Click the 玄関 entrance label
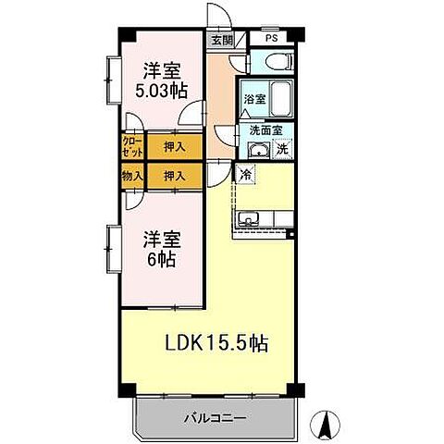point(220,41)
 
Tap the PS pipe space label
point(271,40)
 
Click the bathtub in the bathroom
point(280,98)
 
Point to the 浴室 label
point(253,98)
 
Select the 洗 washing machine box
point(283,151)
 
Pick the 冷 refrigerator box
point(245,173)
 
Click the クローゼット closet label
point(131,145)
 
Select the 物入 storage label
point(131,174)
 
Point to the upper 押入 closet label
point(174,145)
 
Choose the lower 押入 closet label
point(174,174)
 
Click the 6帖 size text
point(160,259)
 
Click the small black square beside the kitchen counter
point(290,233)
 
